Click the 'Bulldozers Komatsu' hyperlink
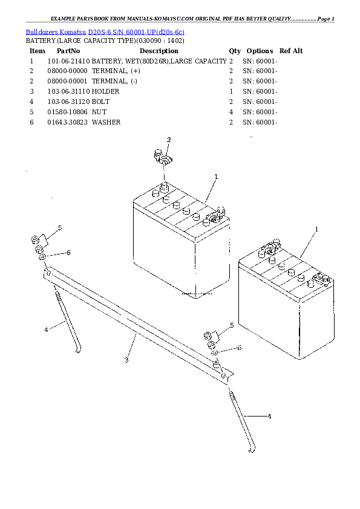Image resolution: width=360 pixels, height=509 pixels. [x=56, y=32]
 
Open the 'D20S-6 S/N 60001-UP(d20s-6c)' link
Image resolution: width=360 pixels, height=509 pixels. [x=136, y=32]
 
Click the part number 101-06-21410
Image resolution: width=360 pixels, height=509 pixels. [x=68, y=61]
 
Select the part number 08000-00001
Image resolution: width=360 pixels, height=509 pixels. [x=67, y=81]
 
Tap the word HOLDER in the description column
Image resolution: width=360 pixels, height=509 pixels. [x=105, y=91]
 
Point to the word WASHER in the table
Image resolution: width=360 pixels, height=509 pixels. [x=106, y=122]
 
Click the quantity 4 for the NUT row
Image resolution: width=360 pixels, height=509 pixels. [x=231, y=112]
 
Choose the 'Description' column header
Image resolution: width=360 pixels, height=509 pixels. [x=159, y=51]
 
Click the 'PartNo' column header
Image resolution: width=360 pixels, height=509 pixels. [x=68, y=51]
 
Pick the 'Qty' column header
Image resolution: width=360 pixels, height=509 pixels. [x=235, y=51]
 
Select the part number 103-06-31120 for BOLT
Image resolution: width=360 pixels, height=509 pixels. [x=68, y=102]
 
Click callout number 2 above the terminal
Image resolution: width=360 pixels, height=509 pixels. [x=169, y=140]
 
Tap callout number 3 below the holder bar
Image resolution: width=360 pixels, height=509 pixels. [x=126, y=360]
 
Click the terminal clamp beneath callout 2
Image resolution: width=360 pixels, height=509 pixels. [x=163, y=157]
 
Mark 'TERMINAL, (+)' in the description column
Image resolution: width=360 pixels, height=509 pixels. [x=116, y=71]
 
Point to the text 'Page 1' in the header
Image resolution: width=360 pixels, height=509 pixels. [x=326, y=19]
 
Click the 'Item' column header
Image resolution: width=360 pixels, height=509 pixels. [x=37, y=51]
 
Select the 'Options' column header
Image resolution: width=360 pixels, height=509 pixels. [x=260, y=51]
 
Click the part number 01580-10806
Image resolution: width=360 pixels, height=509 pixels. [x=67, y=112]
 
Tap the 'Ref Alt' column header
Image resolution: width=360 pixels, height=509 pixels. [x=291, y=51]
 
